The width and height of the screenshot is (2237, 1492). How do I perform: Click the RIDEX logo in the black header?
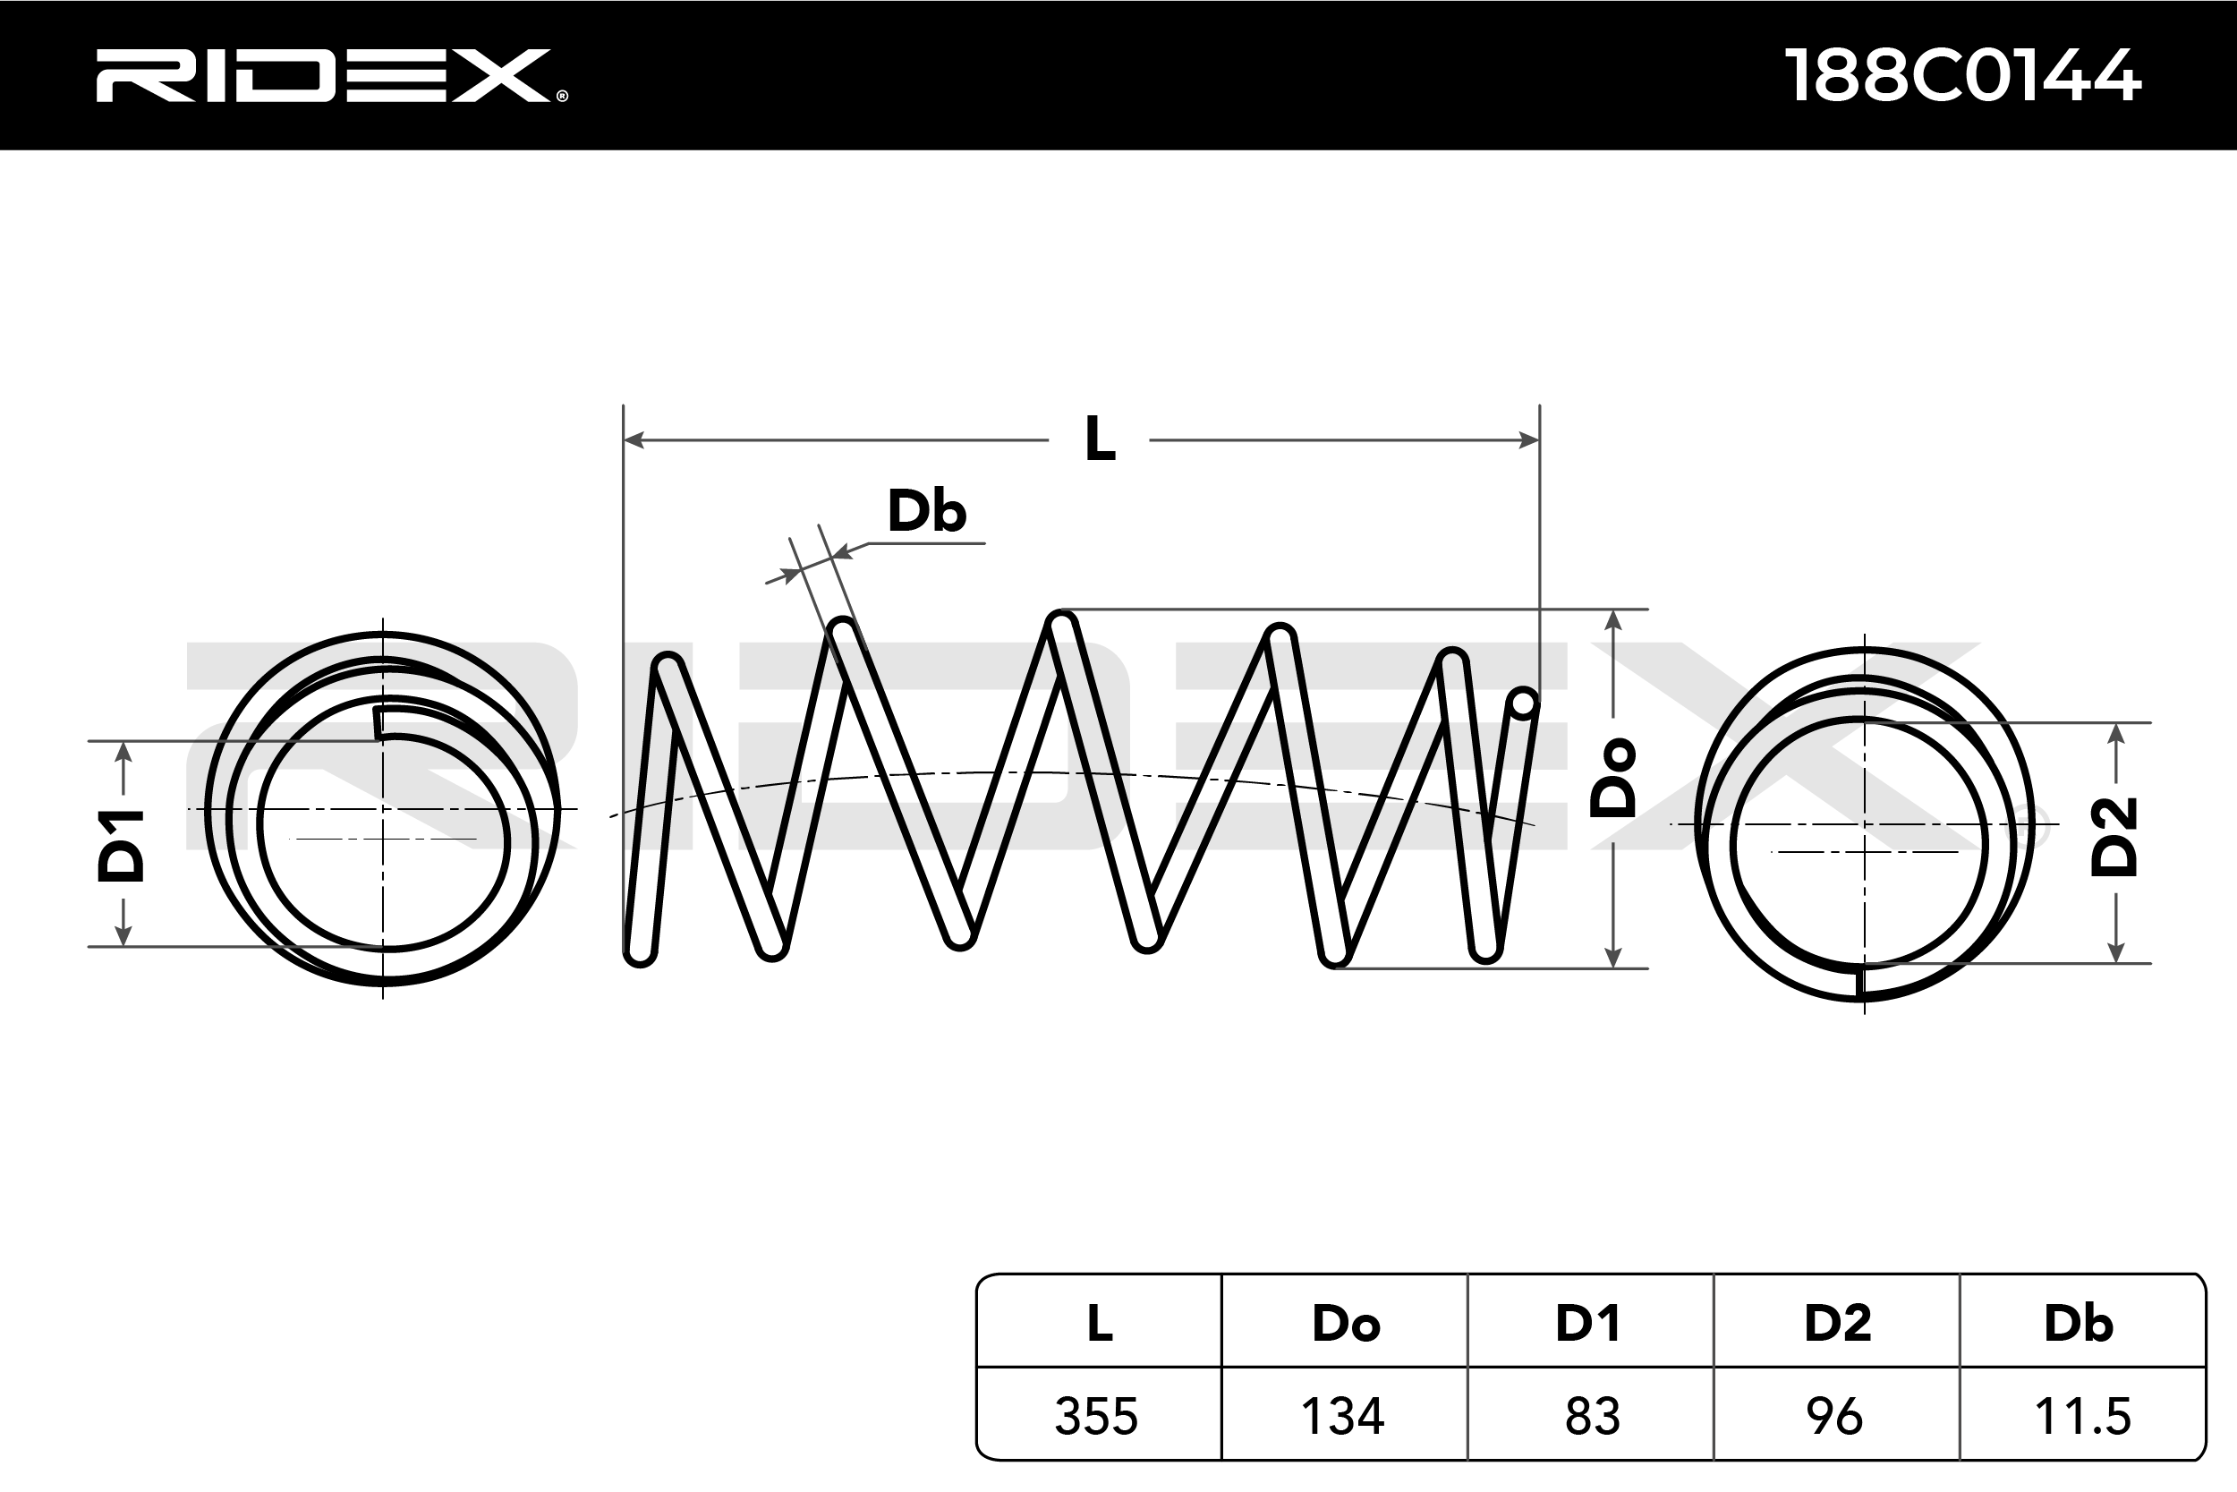pos(331,75)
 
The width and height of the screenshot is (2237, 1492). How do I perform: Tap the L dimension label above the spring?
pos(1100,439)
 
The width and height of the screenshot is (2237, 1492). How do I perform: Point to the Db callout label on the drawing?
pos(926,511)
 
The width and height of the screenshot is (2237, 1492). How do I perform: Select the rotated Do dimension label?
pos(1613,777)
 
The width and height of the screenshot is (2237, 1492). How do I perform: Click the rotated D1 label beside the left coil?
pos(122,845)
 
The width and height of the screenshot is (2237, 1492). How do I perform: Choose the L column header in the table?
pos(1100,1323)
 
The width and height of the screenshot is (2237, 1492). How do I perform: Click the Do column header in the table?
pos(1345,1323)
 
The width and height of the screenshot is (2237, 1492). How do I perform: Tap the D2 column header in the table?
pos(1837,1323)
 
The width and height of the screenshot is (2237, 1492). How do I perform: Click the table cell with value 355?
pos(1097,1416)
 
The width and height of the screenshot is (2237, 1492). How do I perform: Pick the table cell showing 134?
pos(1342,1416)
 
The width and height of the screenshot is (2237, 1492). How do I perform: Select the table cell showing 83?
pos(1592,1416)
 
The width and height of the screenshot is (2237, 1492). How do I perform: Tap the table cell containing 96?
pos(1834,1416)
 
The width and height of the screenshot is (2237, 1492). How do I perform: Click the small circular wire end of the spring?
pos(1524,703)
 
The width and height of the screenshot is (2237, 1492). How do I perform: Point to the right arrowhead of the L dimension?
pos(1529,439)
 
